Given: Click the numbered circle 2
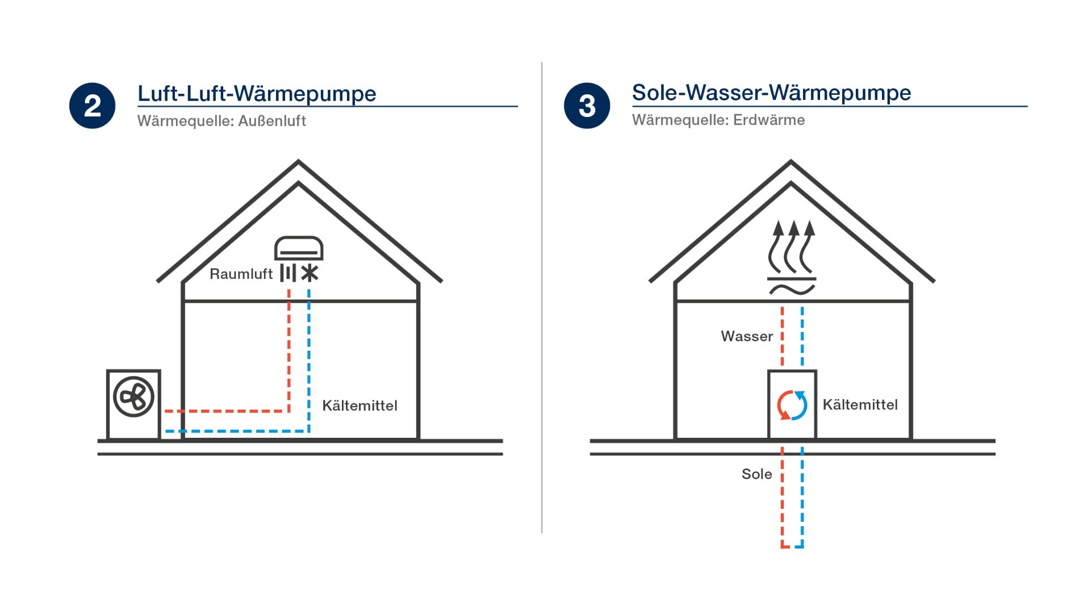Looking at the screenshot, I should pos(92,106).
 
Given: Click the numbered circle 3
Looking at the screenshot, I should pos(587,106).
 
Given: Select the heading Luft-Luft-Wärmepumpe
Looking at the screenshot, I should pos(257,94).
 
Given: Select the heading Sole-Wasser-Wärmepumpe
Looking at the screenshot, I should pos(771,93).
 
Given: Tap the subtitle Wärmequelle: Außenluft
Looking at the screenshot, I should pos(221,121).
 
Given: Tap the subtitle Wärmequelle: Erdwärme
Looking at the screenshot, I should pos(718,120).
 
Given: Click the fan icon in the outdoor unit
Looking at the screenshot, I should pos(133,396).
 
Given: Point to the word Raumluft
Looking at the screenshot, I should pos(241,274).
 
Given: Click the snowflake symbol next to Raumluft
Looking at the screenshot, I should pos(310,274).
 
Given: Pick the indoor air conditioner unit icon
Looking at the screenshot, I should pos(299,249).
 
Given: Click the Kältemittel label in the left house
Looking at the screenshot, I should pos(359,405).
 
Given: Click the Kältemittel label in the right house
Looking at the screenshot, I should pos(860,405).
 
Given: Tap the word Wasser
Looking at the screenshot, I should pos(746,336).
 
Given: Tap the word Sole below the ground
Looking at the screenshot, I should pos(756,474).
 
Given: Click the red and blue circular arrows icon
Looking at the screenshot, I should pos(792,405).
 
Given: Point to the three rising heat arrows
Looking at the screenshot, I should pos(792,247).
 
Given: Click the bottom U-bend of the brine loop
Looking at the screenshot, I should pos(792,546).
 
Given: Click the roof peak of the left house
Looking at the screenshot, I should pos(299,163).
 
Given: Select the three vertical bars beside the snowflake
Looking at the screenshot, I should pos(288,273).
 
